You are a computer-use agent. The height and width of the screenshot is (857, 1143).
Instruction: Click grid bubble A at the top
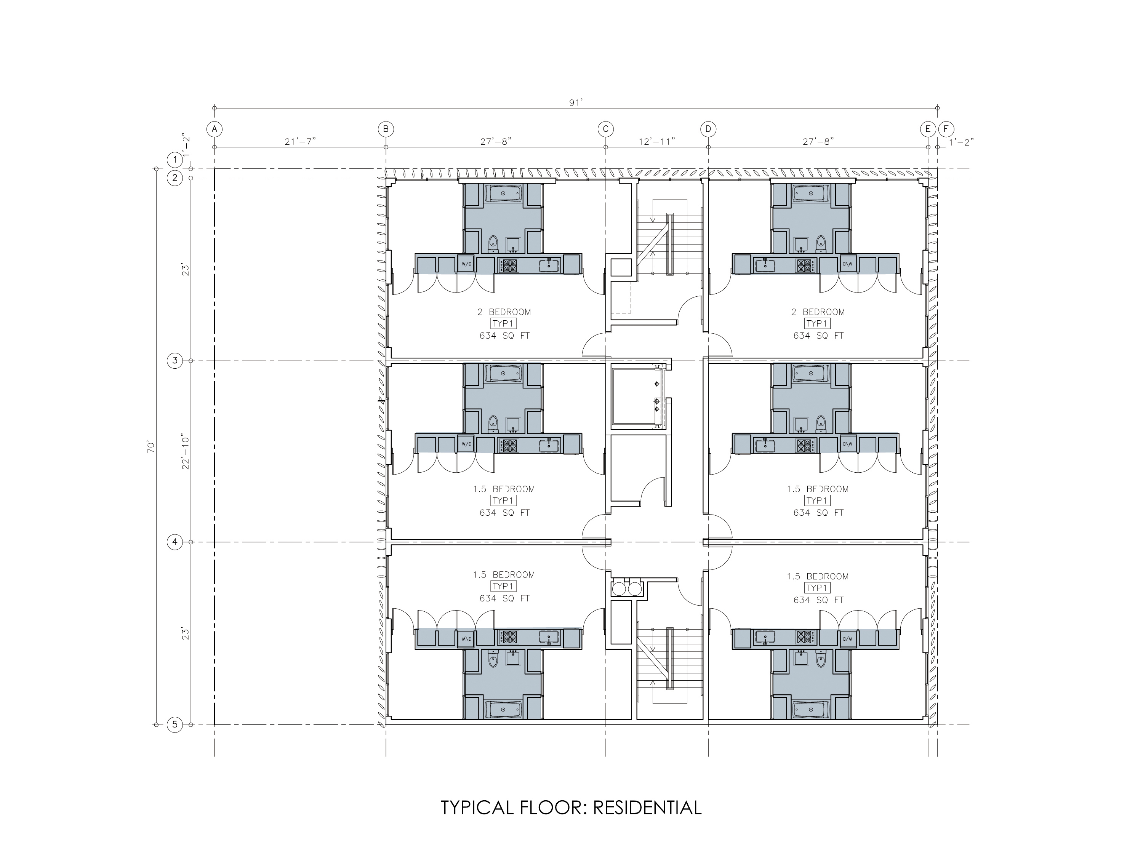[x=215, y=129]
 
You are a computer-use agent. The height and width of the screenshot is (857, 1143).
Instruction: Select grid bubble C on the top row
[x=606, y=129]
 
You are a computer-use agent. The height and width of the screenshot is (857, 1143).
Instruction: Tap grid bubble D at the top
[x=708, y=129]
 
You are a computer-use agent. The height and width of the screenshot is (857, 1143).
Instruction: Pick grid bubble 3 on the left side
[x=174, y=361]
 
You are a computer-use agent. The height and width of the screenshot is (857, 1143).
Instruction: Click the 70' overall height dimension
[x=151, y=447]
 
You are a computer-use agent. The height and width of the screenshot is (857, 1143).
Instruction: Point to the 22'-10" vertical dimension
[x=186, y=452]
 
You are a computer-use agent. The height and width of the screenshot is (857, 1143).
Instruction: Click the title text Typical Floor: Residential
[x=571, y=807]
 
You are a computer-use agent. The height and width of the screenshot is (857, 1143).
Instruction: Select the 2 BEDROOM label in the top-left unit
[x=504, y=312]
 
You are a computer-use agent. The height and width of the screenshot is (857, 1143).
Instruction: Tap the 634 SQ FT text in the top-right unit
[x=818, y=336]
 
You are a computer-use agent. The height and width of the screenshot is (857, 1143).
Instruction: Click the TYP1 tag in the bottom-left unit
[x=504, y=586]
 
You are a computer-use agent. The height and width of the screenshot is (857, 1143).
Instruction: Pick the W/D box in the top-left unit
[x=466, y=264]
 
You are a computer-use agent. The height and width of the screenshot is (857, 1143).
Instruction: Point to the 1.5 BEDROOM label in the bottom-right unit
[x=818, y=577]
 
